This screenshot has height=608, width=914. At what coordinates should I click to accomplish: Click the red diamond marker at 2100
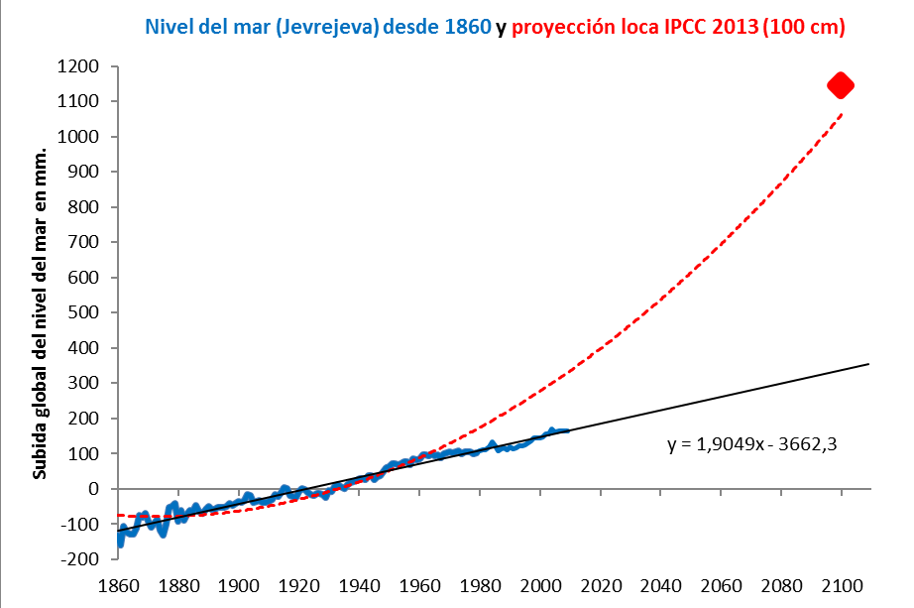point(841,85)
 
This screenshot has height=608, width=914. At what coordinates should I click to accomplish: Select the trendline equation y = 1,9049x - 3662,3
point(752,444)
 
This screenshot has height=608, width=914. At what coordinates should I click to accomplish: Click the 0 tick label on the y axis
point(94,489)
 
